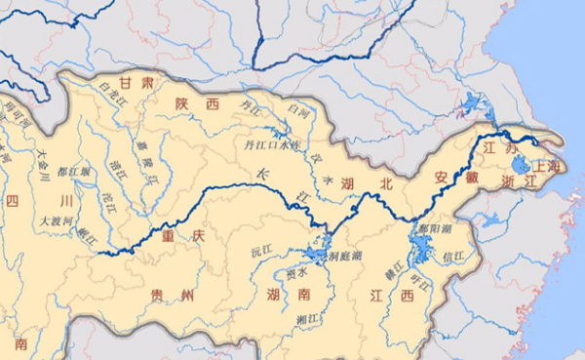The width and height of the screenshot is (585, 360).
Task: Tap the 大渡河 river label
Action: tap(57, 221)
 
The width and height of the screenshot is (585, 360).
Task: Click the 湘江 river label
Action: tap(308, 319)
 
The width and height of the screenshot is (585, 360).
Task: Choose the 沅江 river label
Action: tap(261, 250)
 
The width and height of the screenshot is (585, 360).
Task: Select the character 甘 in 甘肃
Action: tap(125, 82)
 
